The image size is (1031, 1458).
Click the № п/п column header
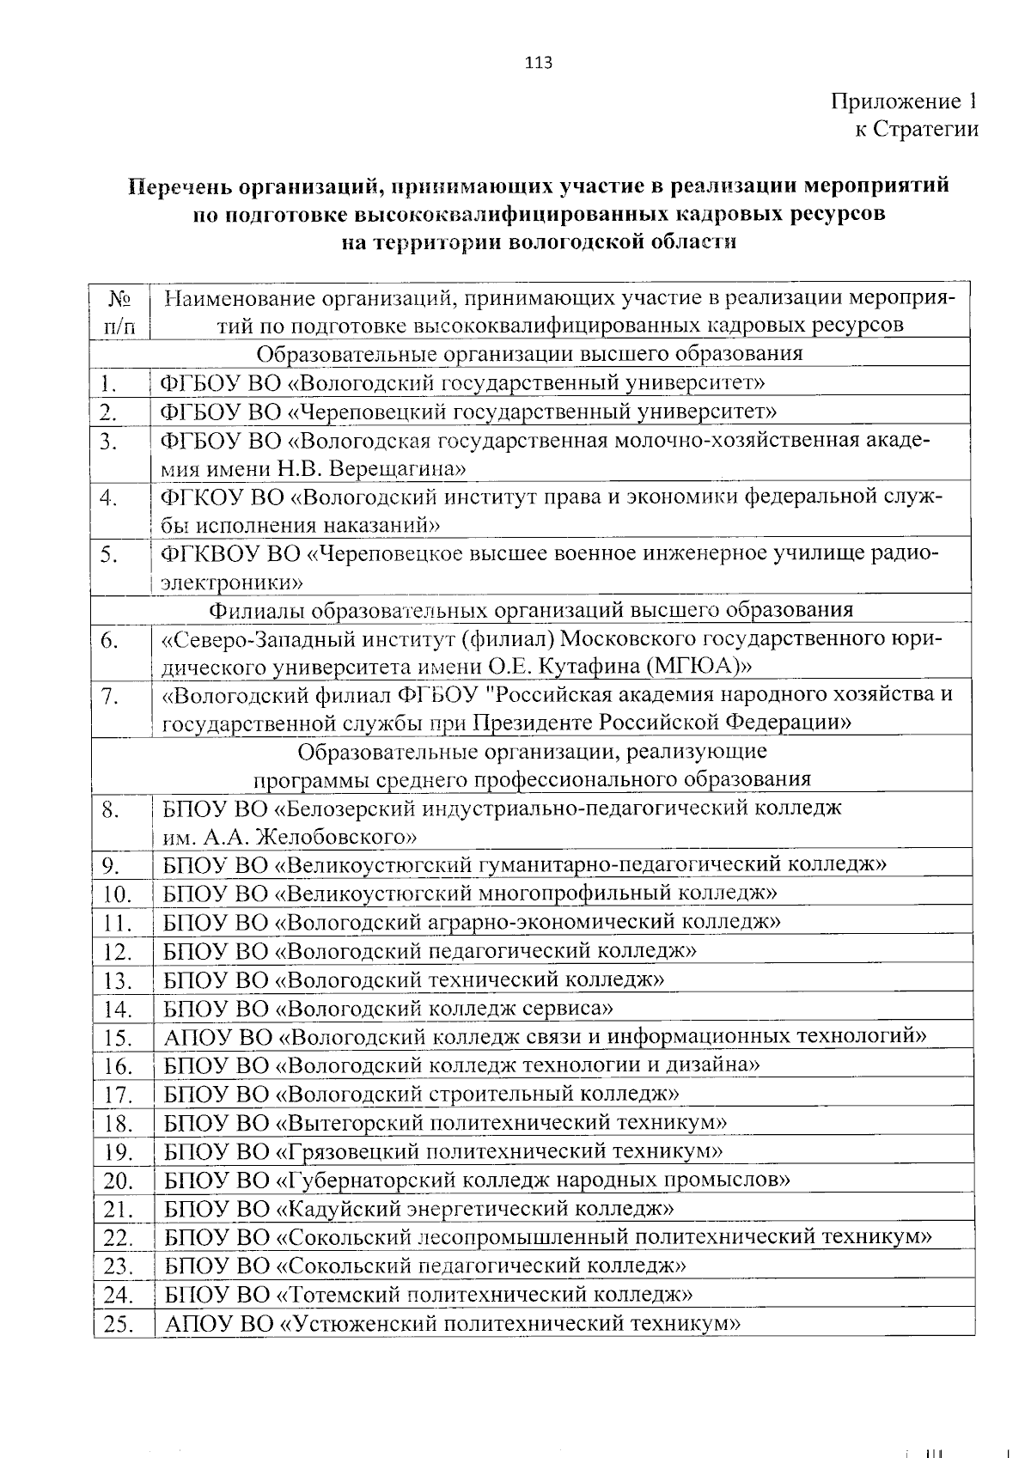click(120, 312)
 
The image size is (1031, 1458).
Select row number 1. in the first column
click(107, 383)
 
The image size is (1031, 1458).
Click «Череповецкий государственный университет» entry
click(533, 412)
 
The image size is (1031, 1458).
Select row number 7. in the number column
click(108, 697)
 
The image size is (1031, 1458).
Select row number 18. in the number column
click(117, 1124)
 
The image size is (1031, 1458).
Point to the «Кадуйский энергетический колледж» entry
click(478, 1209)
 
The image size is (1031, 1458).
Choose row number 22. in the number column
click(117, 1238)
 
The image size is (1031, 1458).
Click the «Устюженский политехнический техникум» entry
click(510, 1324)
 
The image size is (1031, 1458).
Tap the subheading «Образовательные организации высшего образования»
click(530, 354)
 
